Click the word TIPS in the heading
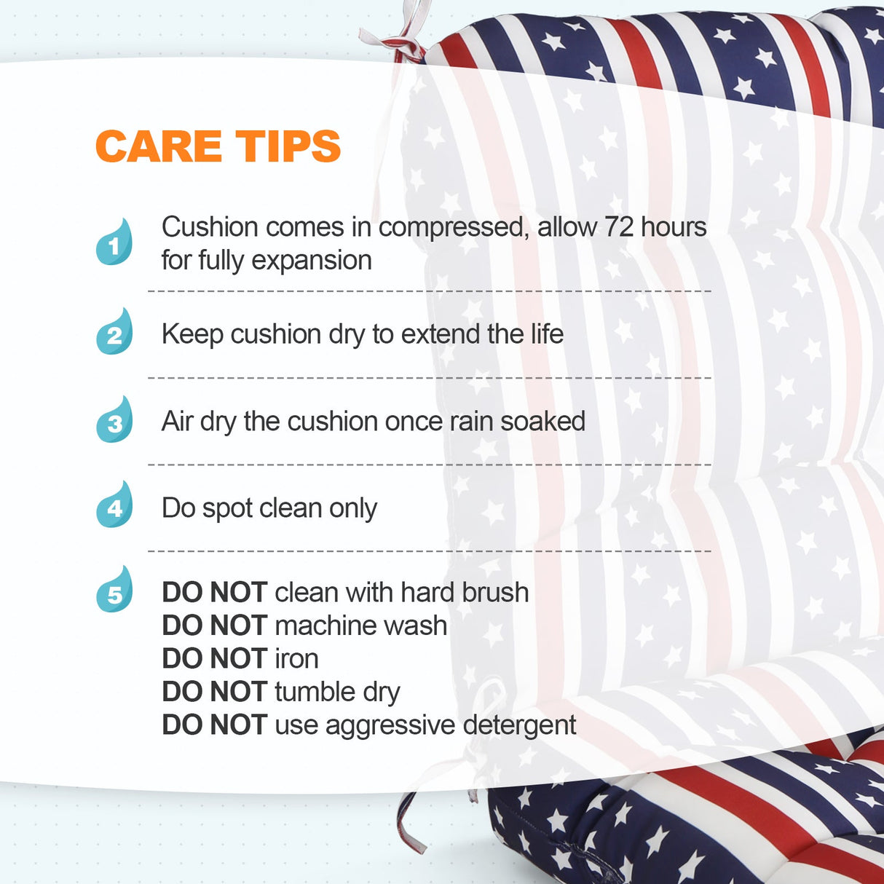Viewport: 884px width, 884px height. pyautogui.click(x=288, y=146)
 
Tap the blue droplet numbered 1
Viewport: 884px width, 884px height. pyautogui.click(x=115, y=243)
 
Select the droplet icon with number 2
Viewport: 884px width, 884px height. pyautogui.click(x=115, y=333)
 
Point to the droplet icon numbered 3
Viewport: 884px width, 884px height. pyautogui.click(x=115, y=420)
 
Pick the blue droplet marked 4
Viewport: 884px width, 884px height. pyautogui.click(x=115, y=505)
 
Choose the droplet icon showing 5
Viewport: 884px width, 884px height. pyautogui.click(x=115, y=591)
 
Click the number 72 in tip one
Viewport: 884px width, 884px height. pyautogui.click(x=619, y=227)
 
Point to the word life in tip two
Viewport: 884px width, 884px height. pyautogui.click(x=546, y=334)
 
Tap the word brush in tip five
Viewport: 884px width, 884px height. pyautogui.click(x=495, y=593)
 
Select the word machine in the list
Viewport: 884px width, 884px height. pyautogui.click(x=319, y=625)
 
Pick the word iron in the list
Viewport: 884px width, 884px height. pyautogui.click(x=296, y=659)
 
